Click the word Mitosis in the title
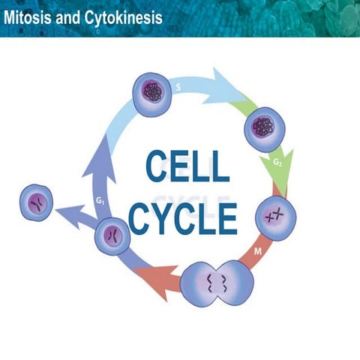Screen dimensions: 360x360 28,16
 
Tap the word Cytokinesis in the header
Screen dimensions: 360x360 119,16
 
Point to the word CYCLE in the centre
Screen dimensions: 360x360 183,213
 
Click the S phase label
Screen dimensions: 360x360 178,86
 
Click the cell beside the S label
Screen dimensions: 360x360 152,94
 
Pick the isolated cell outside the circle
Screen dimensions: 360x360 36,202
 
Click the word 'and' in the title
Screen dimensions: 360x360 66,16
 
